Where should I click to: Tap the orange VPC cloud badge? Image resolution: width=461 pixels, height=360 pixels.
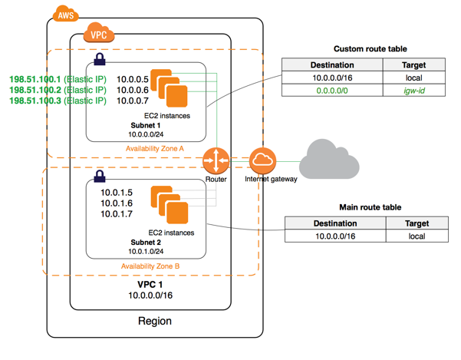click(97, 34)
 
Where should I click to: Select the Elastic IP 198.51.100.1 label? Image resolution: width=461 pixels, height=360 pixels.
click(57, 78)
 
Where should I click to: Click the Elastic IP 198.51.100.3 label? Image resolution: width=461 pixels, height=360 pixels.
click(57, 101)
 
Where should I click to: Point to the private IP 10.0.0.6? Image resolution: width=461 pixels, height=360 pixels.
click(132, 90)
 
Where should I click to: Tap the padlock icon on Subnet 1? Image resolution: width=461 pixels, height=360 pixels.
click(99, 59)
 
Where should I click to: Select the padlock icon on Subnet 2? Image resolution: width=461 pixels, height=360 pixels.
click(99, 177)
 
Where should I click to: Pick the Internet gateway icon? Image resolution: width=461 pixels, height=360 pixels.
click(262, 160)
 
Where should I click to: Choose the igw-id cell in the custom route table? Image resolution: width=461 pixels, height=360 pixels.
click(413, 91)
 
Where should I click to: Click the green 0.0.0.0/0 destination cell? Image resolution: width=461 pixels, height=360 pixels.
click(332, 91)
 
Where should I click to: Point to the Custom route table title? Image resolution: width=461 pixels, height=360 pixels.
click(370, 48)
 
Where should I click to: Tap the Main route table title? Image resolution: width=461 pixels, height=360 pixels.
click(370, 207)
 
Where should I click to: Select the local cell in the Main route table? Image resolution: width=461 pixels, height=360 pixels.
click(417, 236)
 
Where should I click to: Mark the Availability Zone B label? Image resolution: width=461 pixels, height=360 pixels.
click(150, 266)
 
